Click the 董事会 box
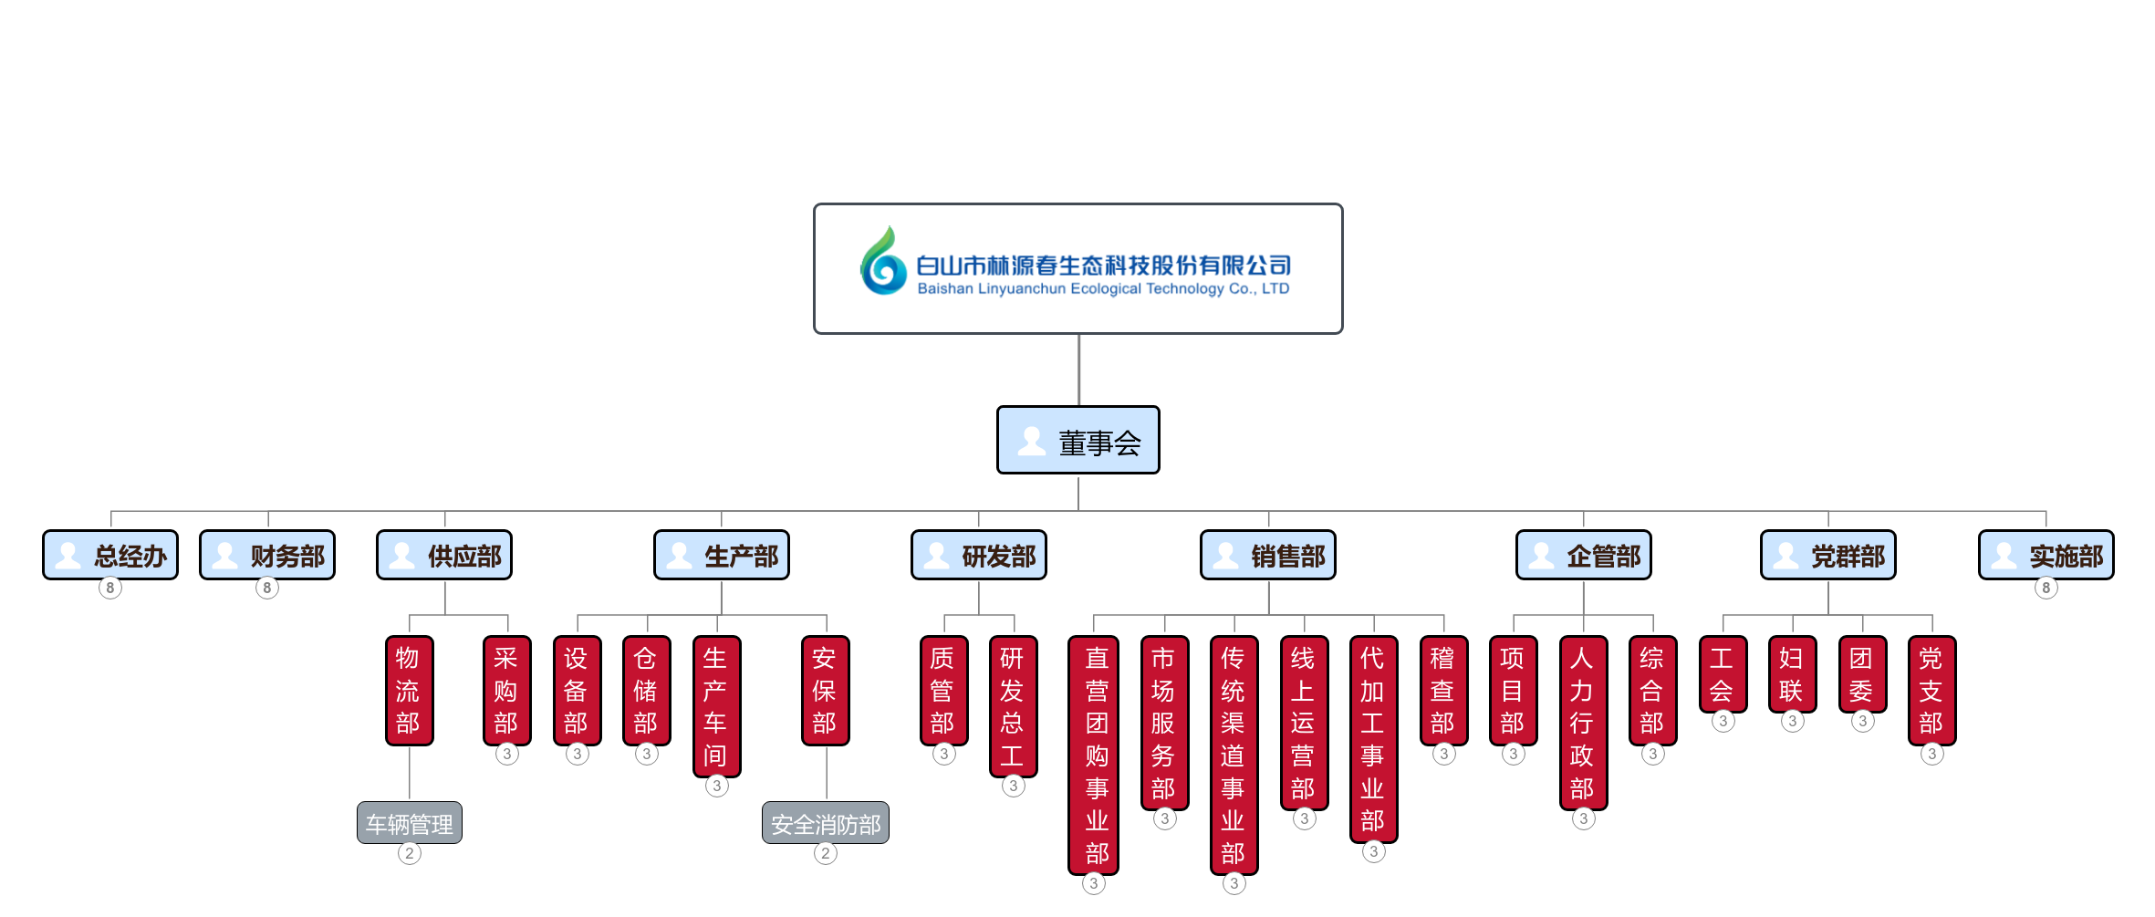1077,441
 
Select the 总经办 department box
110,555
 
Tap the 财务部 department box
267,555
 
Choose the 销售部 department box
1267,555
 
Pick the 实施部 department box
2046,555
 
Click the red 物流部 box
409,691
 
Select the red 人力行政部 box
1583,723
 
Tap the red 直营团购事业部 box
1094,755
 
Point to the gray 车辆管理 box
410,823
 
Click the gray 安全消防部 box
826,823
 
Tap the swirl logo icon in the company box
882,262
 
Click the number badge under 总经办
110,588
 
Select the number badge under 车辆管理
410,854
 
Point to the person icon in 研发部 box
937,555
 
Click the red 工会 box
1723,674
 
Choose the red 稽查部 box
1443,691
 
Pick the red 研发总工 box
1013,706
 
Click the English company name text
1103,289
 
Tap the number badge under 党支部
1931,755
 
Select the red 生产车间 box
716,706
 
